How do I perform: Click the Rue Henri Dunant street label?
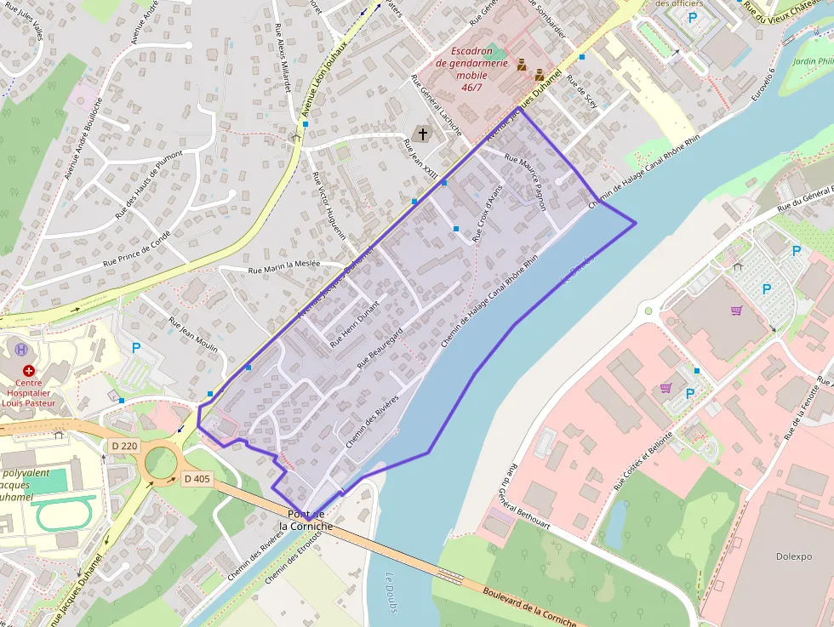354,324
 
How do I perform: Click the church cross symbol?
423,134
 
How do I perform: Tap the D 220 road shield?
124,445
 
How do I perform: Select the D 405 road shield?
197,478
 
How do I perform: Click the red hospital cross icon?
29,371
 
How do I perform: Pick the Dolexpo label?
793,556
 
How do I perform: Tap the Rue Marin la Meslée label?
283,266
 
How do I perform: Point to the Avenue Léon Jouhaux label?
326,79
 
